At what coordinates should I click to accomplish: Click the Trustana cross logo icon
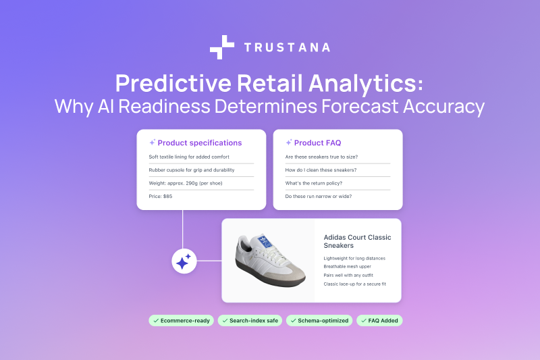click(222, 47)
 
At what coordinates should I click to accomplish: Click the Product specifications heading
click(199, 143)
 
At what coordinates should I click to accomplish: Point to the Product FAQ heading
click(317, 143)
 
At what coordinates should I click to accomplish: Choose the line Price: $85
click(161, 196)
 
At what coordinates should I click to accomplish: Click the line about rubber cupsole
click(190, 170)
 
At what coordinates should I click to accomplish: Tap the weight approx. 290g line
click(185, 183)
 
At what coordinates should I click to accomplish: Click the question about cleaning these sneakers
click(321, 170)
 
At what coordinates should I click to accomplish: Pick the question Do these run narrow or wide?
click(318, 196)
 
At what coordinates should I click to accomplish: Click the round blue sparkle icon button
click(183, 261)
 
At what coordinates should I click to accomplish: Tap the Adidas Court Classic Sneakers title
click(357, 241)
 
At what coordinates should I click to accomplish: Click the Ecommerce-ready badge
click(181, 320)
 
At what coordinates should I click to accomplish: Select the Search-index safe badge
click(250, 320)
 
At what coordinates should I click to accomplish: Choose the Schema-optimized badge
click(320, 320)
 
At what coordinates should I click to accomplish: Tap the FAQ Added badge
click(380, 320)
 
